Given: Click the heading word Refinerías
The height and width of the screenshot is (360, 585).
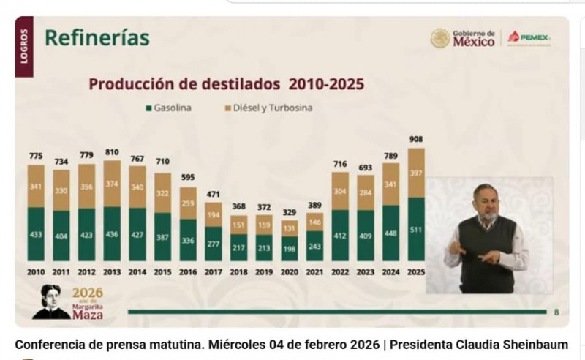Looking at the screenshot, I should [x=97, y=38].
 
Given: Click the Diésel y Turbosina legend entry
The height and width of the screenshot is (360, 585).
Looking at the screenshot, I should [x=268, y=108].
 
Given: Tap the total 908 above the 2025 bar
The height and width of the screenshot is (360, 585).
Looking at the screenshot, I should [x=416, y=139].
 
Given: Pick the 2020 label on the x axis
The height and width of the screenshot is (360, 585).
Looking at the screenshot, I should [x=290, y=271].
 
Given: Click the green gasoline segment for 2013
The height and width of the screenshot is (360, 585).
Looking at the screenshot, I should [x=112, y=234].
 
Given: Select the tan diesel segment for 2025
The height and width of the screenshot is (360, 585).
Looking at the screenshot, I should [x=416, y=173].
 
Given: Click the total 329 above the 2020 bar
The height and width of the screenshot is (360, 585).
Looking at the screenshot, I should [x=290, y=211].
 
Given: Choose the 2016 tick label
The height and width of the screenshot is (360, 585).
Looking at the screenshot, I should [x=188, y=271].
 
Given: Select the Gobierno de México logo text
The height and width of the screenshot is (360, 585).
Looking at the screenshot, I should [x=473, y=38].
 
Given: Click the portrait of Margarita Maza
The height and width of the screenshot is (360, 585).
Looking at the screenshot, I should [x=49, y=301].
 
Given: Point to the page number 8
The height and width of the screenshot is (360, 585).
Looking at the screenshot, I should [x=556, y=312].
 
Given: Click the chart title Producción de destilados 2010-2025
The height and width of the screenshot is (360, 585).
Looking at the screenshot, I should [x=226, y=83].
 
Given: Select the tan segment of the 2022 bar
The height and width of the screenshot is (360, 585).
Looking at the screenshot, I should [x=340, y=192].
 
